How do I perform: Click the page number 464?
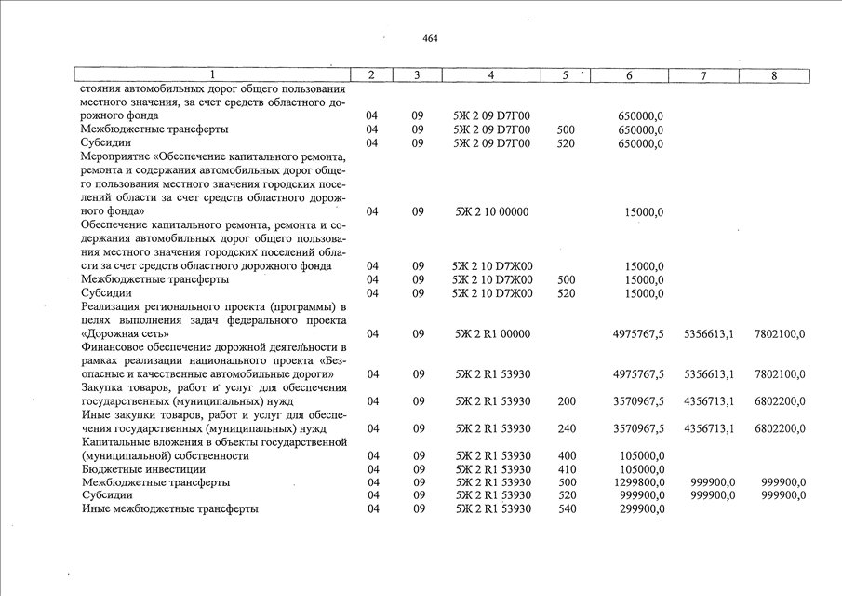[x=430, y=38]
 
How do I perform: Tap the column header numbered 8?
[x=774, y=74]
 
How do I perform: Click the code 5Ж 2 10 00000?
[x=491, y=211]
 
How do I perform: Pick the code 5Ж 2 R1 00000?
[x=491, y=333]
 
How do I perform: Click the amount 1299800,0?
[x=639, y=482]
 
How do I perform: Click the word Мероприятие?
[x=118, y=157]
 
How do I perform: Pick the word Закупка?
[x=104, y=387]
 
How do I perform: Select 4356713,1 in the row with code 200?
[x=709, y=401]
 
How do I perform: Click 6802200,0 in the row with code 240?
[x=781, y=428]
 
